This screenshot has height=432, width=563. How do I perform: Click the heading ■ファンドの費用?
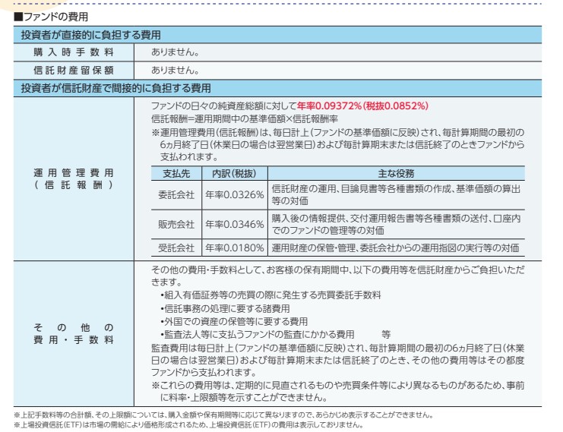point(47,15)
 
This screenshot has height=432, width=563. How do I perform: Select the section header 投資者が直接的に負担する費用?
point(90,34)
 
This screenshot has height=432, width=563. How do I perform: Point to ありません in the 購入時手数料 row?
point(176,52)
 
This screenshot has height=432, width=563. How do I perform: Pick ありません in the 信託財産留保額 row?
point(176,70)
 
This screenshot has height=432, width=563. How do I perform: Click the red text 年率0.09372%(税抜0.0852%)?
point(363,106)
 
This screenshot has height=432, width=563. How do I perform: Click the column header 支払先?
point(176,172)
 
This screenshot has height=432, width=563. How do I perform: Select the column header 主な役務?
point(395,172)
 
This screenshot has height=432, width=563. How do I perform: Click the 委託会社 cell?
point(176,194)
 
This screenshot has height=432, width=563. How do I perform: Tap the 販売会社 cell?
point(176,224)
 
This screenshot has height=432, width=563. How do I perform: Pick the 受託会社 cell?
point(176,248)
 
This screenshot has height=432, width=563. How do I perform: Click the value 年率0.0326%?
point(234,194)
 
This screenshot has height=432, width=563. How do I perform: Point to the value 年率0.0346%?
point(234,224)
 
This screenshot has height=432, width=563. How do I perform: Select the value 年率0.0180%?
point(234,248)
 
